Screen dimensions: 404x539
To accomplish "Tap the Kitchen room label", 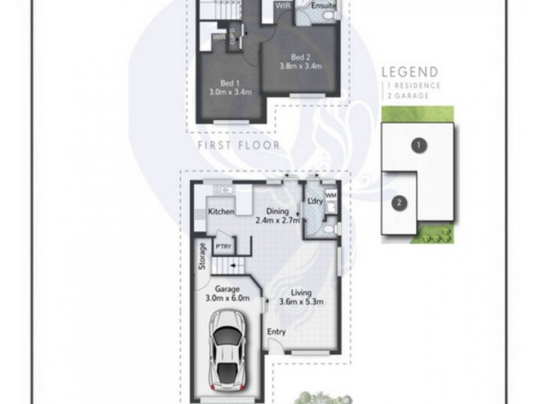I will (x=221, y=211).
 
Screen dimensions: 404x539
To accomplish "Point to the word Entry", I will (x=276, y=331).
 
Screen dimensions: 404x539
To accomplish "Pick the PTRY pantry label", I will (x=223, y=246).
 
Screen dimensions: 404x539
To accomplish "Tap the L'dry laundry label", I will (x=314, y=200).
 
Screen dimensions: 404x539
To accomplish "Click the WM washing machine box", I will (x=331, y=196).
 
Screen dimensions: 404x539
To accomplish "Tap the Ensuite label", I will (x=322, y=6).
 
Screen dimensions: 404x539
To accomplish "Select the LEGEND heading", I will (x=410, y=72).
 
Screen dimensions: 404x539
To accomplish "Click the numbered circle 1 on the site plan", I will (x=418, y=144).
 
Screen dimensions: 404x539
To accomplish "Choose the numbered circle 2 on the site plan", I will (x=400, y=201).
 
